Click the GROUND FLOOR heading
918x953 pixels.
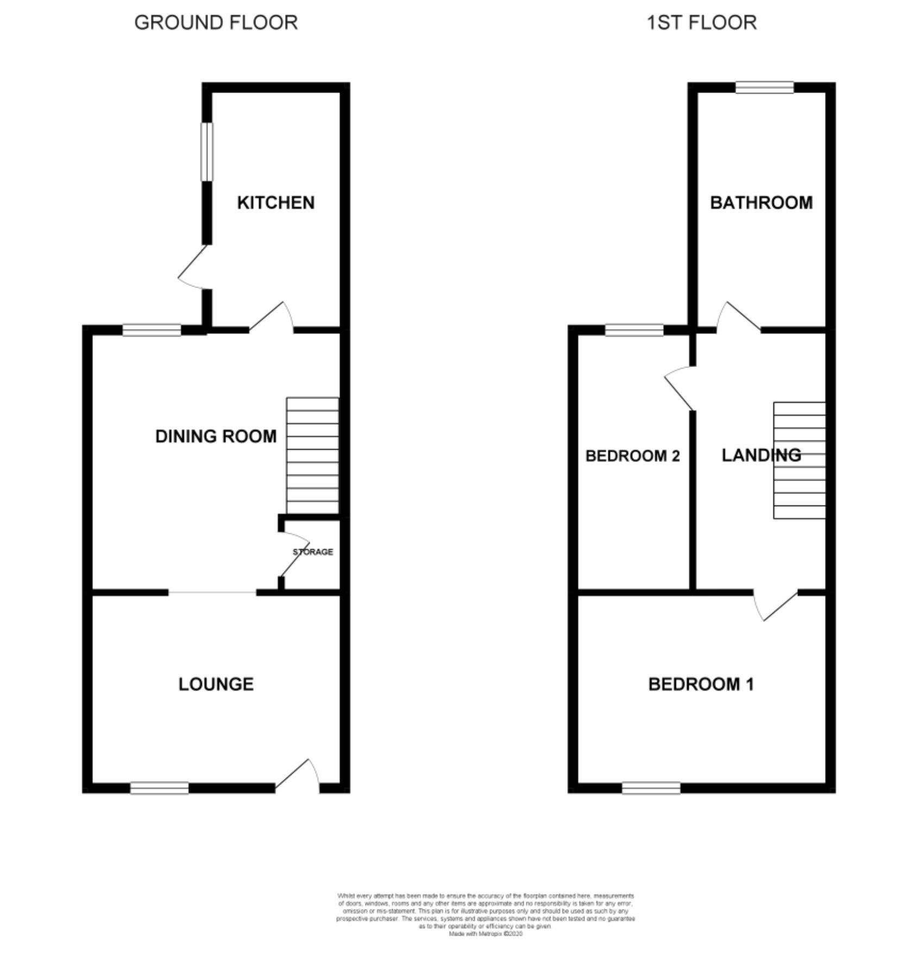tap(216, 23)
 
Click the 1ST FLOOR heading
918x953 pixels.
tap(701, 23)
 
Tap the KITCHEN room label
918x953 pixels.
tap(275, 203)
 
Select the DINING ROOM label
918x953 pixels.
tap(216, 436)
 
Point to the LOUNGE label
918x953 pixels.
tap(216, 684)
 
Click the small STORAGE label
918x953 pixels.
tap(313, 552)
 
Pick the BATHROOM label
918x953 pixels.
tap(761, 203)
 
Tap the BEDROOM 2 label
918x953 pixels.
tap(632, 456)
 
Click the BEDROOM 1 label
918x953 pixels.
tap(701, 684)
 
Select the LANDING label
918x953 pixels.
tap(761, 455)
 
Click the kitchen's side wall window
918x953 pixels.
tap(207, 151)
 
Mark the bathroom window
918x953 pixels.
tap(764, 88)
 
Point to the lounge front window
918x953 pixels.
tap(159, 788)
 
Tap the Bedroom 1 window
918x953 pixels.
tap(651, 788)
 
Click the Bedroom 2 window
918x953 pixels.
tap(634, 330)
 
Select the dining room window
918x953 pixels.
tap(151, 330)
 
